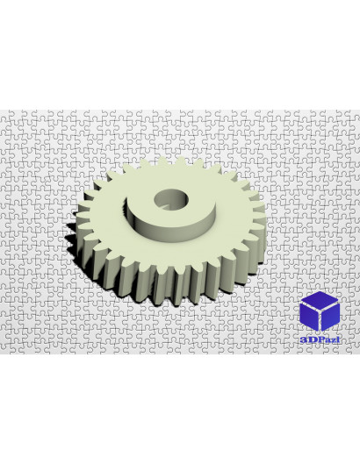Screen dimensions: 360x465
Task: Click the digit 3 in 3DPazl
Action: click(x=303, y=340)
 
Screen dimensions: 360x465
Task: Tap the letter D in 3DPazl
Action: click(x=311, y=340)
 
